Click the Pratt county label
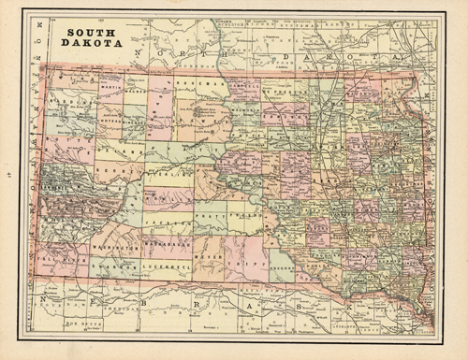point(212,215)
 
